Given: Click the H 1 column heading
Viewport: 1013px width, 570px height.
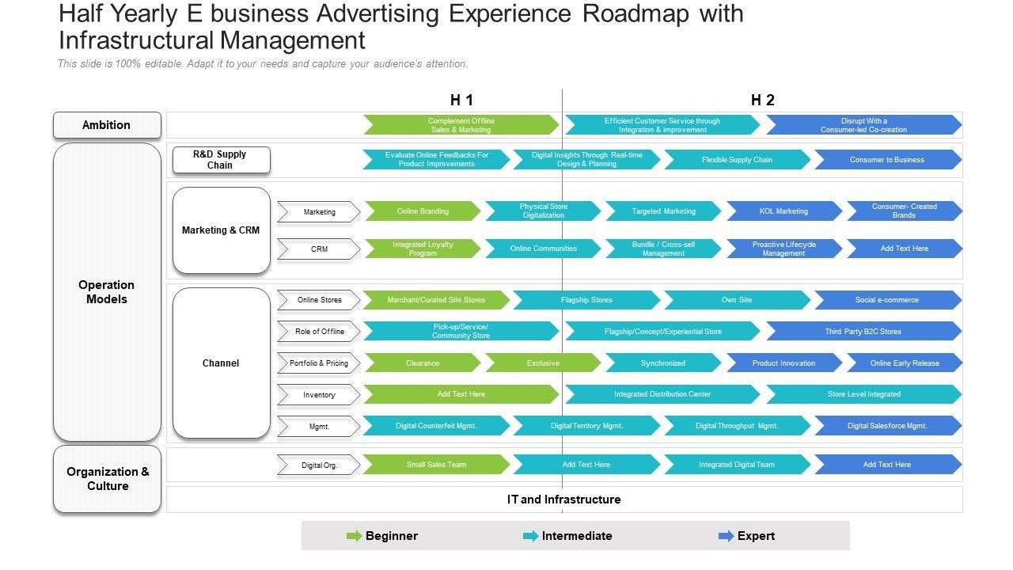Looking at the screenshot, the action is coord(461,100).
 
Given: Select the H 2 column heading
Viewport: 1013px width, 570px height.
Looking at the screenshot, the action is coord(762,100).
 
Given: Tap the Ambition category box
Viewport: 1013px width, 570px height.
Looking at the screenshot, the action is coord(107,125).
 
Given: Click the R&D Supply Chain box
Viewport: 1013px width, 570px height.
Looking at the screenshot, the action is coord(221,160).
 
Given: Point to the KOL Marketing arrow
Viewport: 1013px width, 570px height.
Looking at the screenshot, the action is coord(784,211).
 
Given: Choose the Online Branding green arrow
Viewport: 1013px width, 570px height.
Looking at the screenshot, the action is coord(423,211).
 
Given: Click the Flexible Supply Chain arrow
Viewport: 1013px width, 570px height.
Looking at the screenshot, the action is coord(737,160).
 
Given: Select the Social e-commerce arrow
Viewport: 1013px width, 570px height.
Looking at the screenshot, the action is coord(887,300).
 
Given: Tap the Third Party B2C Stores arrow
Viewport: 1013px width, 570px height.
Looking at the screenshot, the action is coord(863,332).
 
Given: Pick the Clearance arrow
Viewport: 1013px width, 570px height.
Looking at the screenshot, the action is coord(423,363).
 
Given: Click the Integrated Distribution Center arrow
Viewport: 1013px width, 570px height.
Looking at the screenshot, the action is coord(662,394).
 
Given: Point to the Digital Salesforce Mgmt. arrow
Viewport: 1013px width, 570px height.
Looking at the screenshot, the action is coord(887,426).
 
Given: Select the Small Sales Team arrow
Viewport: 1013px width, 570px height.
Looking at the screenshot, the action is coord(436,465).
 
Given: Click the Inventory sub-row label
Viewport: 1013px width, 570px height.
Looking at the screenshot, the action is coord(319,395).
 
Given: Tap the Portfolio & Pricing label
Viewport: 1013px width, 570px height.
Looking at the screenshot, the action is coord(319,363).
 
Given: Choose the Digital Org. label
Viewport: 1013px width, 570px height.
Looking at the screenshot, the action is coord(319,465).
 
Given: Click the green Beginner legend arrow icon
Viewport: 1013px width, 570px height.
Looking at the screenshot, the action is coord(354,536).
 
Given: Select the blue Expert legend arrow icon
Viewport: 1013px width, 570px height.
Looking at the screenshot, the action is coord(726,536).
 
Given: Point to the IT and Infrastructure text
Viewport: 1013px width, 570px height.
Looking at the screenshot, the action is coord(564,500).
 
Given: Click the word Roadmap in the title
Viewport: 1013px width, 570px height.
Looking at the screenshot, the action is coord(635,13).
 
